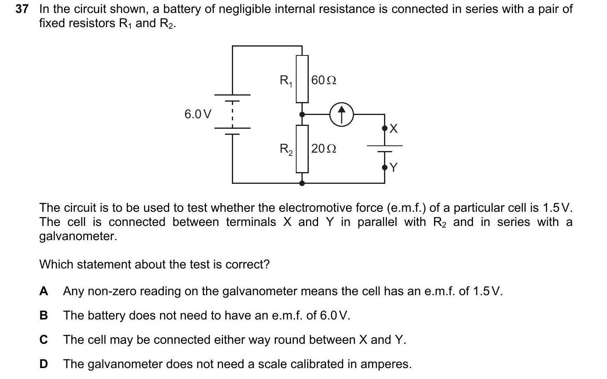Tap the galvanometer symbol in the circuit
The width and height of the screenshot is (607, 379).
(x=342, y=114)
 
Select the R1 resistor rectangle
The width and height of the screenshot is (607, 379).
(x=302, y=79)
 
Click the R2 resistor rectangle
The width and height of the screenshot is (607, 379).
(x=302, y=149)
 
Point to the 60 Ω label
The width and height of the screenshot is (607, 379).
(x=324, y=80)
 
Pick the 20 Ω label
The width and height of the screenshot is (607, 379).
(x=324, y=149)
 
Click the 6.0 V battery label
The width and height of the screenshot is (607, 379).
(x=197, y=114)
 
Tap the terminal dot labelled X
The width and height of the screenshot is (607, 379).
(x=384, y=128)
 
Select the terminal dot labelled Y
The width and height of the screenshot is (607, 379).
(x=384, y=167)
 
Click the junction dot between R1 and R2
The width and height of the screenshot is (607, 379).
(x=302, y=115)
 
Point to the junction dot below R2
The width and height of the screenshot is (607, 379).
(x=302, y=183)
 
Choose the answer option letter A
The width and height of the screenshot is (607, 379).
(x=44, y=291)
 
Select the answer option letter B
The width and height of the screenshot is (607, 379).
(x=44, y=315)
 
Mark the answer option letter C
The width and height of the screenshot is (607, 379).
(x=44, y=340)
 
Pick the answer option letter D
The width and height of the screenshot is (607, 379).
(x=44, y=364)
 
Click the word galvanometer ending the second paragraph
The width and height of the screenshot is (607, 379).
(x=78, y=236)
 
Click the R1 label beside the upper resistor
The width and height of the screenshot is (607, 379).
(x=286, y=81)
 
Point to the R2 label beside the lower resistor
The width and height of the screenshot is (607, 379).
(x=286, y=149)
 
